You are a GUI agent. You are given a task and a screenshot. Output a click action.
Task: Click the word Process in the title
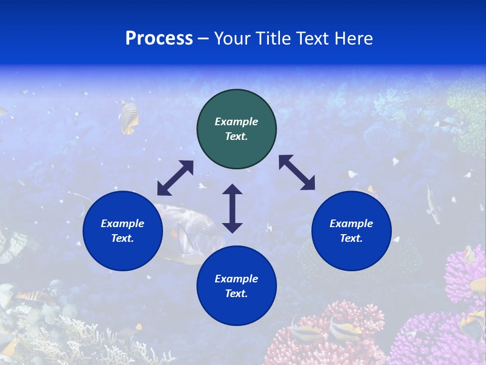pos(159,39)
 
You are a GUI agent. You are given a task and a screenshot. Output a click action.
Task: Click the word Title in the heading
pos(272,39)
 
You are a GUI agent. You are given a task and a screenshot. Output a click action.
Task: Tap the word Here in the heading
pos(353,39)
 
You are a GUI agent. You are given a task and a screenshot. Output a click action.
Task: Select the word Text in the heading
pos(312,39)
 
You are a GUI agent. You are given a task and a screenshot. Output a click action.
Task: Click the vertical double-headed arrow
pos(232,208)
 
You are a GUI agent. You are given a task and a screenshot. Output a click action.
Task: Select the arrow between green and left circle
pos(175,178)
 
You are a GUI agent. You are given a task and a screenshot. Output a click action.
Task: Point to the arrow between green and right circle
pos(297,172)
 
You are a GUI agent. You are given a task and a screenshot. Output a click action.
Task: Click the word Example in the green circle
pos(236,122)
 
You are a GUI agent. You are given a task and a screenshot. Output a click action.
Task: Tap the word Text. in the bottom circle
pos(236,294)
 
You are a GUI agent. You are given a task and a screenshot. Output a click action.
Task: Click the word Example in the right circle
pos(351,224)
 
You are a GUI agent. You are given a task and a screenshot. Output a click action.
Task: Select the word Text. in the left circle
pos(123,238)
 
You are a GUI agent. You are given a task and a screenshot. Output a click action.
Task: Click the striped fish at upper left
pos(129,117)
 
